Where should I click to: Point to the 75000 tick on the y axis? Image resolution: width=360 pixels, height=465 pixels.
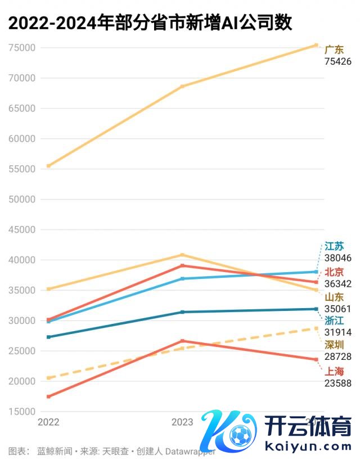22,48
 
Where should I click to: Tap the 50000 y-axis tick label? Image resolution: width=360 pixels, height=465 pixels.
22,199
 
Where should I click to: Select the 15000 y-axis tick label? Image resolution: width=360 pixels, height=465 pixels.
22,412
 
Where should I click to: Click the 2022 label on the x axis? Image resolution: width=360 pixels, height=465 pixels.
48,422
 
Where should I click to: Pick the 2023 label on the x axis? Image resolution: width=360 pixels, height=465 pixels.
182,422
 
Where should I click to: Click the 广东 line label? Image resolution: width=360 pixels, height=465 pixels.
334,49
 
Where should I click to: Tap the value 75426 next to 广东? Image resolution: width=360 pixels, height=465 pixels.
337,61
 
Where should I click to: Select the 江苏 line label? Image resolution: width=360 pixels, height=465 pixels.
334,246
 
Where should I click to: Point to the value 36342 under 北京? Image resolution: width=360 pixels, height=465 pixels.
337,284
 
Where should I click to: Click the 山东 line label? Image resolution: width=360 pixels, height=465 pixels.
334,297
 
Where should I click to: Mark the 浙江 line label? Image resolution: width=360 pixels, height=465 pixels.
334,320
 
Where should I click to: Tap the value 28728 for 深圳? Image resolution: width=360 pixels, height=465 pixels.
337,356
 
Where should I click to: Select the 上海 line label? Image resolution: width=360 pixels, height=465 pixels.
334,371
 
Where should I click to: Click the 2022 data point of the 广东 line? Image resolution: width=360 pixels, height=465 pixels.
49,166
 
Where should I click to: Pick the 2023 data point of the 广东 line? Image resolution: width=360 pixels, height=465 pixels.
182,86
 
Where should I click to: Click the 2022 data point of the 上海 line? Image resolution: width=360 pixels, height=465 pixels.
49,396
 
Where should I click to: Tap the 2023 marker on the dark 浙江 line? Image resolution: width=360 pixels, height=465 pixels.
182,312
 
